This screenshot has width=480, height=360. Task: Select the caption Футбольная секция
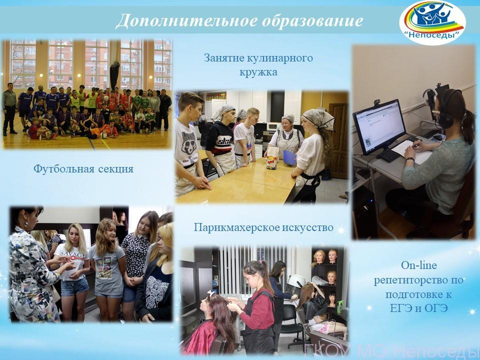click(83, 168)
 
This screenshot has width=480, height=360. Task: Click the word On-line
click(419, 265)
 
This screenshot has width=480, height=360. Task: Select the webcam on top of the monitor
click(377, 102)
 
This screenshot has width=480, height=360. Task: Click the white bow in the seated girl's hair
click(211, 293)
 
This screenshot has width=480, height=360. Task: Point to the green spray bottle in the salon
click(339, 307)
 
